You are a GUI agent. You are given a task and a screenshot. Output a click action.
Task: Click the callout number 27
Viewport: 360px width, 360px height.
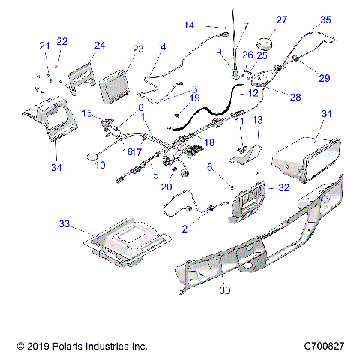click(x=282, y=19)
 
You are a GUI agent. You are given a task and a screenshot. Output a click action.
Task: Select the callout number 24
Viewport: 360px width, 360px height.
click(x=100, y=45)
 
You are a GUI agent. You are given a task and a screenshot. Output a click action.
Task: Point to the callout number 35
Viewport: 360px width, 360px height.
click(x=326, y=19)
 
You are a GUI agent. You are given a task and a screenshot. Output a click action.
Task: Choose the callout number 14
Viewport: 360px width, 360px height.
click(x=189, y=25)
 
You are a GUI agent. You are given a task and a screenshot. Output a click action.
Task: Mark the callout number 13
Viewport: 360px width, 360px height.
click(x=256, y=120)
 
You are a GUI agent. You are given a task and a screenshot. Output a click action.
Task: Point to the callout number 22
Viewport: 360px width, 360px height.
click(x=61, y=41)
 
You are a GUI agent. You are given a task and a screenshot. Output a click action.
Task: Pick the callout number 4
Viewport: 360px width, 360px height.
click(x=163, y=46)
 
